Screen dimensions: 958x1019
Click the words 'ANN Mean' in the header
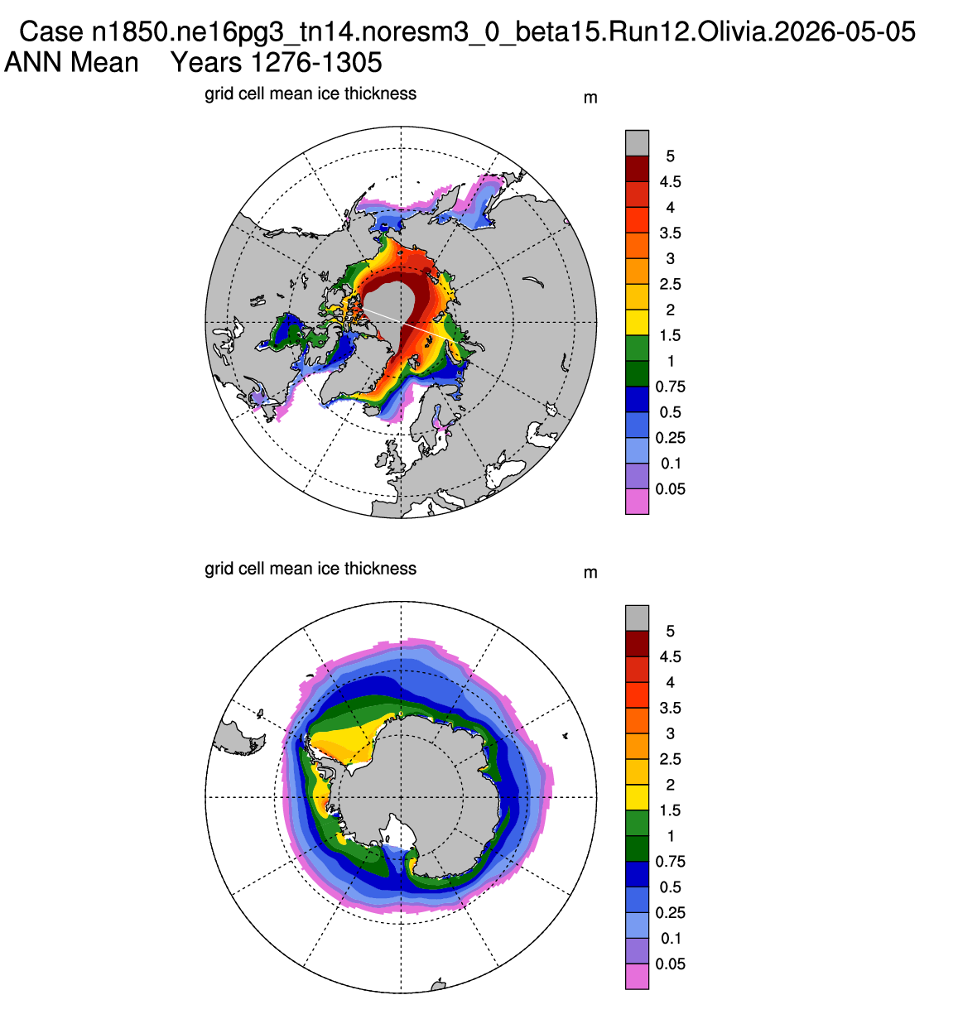click(71, 63)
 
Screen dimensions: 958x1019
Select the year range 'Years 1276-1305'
click(277, 63)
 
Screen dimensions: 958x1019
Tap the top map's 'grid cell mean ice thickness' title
click(311, 94)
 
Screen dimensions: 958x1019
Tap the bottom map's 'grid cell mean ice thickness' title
click(311, 569)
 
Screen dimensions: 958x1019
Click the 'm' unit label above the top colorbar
click(590, 98)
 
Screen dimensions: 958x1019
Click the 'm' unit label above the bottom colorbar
click(590, 573)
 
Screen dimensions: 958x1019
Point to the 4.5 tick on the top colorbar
click(671, 181)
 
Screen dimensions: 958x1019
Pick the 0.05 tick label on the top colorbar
click(671, 489)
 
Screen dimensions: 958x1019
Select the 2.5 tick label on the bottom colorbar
click(671, 759)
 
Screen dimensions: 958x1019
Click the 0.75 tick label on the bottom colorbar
click(671, 862)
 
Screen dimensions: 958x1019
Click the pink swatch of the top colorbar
click(637, 502)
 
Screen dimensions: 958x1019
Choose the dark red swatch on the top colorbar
click(637, 169)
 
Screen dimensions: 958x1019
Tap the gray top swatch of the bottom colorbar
click(637, 618)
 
